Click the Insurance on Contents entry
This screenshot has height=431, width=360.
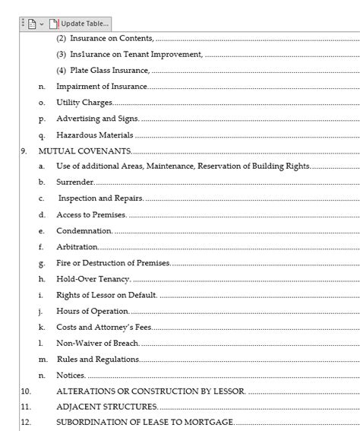pos(106,37)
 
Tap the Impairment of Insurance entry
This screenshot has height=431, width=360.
pos(102,87)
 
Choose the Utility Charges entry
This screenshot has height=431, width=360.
pos(84,103)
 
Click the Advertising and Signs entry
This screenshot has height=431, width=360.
pos(97,119)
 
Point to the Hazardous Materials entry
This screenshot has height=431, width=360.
pos(95,135)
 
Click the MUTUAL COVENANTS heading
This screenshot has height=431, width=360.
pos(84,151)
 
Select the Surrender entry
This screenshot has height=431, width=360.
pos(74,182)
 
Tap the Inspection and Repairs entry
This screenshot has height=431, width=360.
pos(100,198)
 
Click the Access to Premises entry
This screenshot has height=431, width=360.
pos(91,214)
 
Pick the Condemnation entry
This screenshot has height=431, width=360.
pos(84,230)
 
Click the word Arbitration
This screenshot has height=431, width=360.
pos(77,247)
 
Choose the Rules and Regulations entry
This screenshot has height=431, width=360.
pos(98,359)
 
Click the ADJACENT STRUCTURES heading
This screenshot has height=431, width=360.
pos(107,407)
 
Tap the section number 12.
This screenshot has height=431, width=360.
pos(25,423)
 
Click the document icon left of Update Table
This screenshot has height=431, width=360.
pos(32,23)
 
